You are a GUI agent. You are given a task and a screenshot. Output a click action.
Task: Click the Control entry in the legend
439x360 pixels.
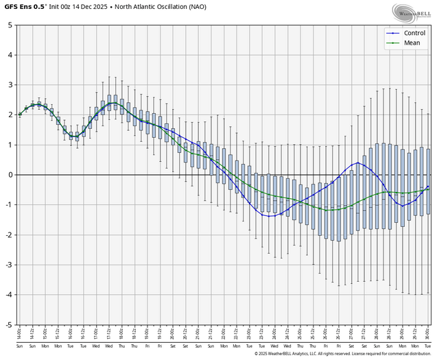click(414, 33)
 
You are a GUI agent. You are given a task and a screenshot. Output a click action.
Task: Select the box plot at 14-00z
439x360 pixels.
click(20, 115)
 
